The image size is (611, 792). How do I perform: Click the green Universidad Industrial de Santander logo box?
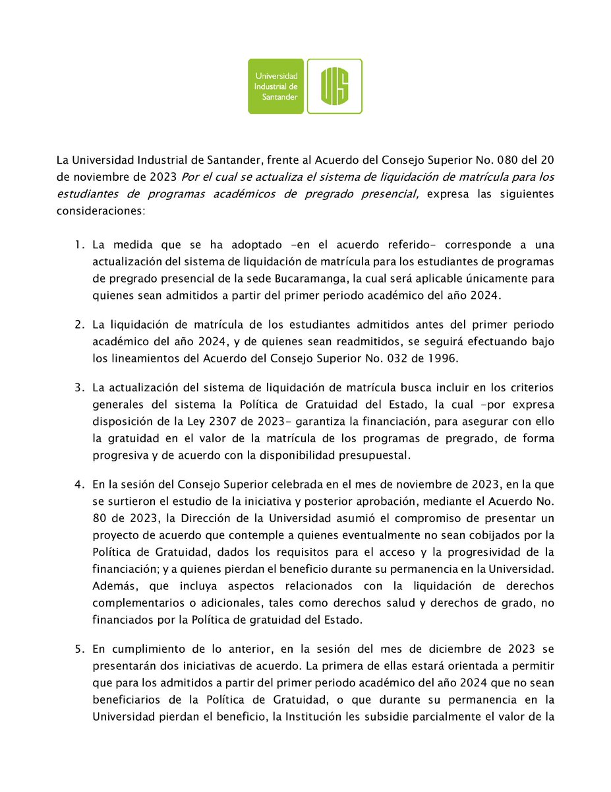point(276,86)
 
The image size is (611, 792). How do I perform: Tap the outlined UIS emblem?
point(334,86)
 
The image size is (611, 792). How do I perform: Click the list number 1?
point(78,246)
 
